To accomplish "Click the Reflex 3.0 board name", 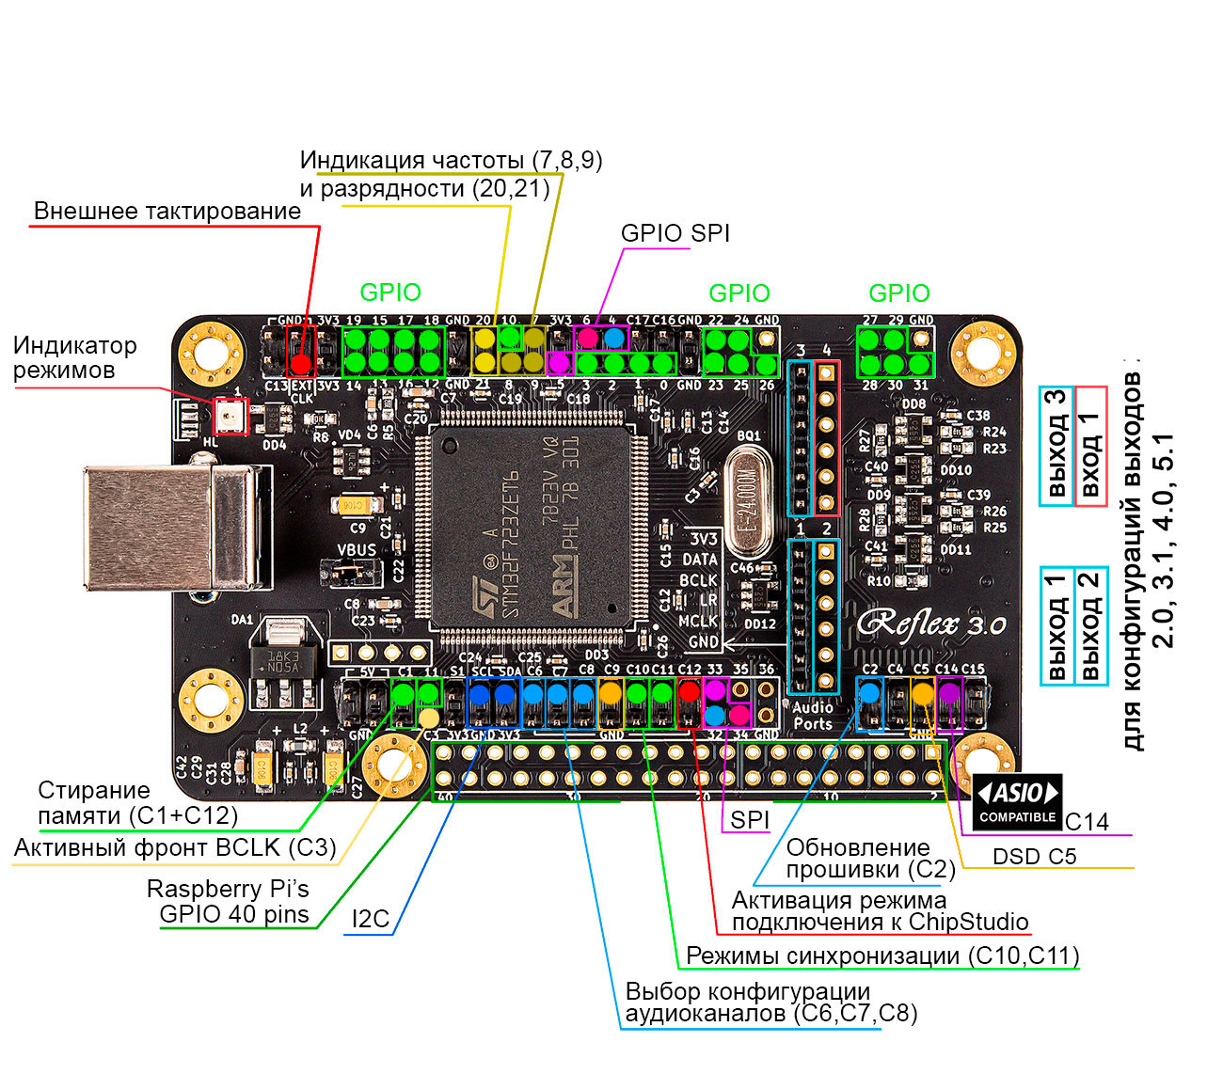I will click(x=931, y=624).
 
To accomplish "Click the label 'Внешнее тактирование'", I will click(x=167, y=211).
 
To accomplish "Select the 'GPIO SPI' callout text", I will click(x=675, y=233).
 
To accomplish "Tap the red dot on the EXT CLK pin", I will click(x=301, y=364).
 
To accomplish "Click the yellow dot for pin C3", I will click(x=428, y=719).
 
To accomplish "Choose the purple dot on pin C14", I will click(x=948, y=692).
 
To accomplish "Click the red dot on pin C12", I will click(x=689, y=691).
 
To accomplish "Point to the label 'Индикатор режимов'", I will click(x=74, y=357).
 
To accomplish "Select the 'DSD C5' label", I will click(x=1034, y=856).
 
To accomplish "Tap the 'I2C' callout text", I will click(x=370, y=919).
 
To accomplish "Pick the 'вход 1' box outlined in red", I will click(x=1090, y=447).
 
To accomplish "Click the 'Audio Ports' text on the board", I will click(x=813, y=715).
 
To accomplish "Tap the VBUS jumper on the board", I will click(x=352, y=569).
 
